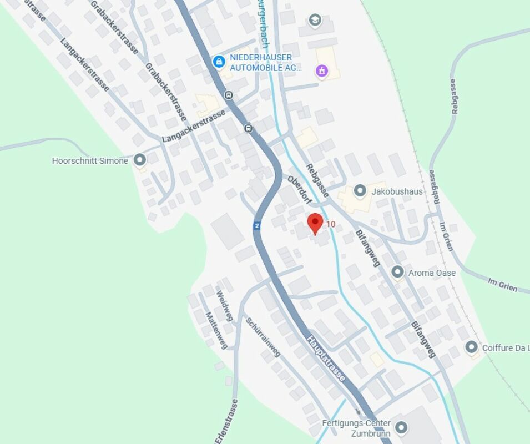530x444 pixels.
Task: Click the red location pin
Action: [315, 223]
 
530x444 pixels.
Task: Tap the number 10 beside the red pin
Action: [331, 224]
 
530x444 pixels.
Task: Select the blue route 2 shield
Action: [257, 225]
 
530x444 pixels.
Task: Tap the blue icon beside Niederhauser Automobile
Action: [219, 61]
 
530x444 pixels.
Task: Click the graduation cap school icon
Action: [315, 21]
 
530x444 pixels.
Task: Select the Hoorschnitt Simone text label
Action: [90, 161]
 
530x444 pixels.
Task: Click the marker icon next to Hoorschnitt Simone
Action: [139, 160]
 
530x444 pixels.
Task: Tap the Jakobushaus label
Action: [397, 191]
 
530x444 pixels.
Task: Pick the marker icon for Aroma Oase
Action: [397, 272]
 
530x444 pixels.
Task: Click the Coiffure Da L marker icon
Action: [471, 347]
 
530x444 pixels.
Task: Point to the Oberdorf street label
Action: [300, 189]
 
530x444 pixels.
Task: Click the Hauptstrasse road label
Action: [326, 359]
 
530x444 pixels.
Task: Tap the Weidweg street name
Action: [224, 306]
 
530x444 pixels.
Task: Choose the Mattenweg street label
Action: [216, 330]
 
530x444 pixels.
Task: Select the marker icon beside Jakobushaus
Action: [360, 191]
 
